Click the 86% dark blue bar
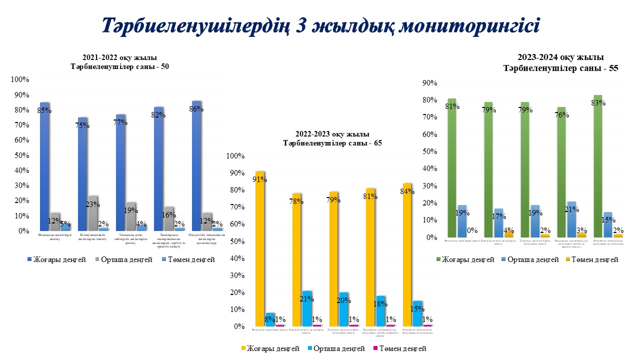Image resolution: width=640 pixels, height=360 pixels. point(196,165)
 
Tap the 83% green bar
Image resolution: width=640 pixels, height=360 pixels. point(597,165)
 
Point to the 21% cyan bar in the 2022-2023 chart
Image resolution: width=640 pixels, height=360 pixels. point(307,308)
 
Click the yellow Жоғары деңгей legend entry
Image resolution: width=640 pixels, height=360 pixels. point(270,348)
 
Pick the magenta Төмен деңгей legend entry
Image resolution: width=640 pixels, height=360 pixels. point(400,348)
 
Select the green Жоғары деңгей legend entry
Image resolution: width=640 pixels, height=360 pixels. point(464,259)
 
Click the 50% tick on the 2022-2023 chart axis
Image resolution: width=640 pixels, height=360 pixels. point(235,241)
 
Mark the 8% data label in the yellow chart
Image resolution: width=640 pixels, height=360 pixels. point(269,319)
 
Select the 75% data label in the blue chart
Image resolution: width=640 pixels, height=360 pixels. point(82,125)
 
